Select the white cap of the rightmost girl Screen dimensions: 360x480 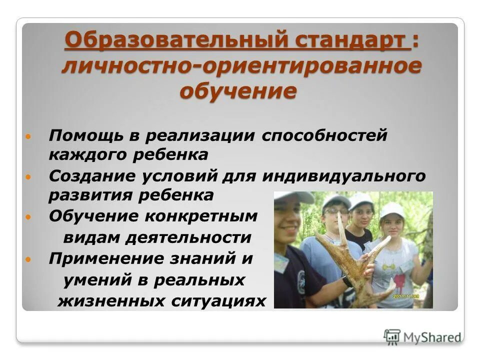click(x=392, y=209)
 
